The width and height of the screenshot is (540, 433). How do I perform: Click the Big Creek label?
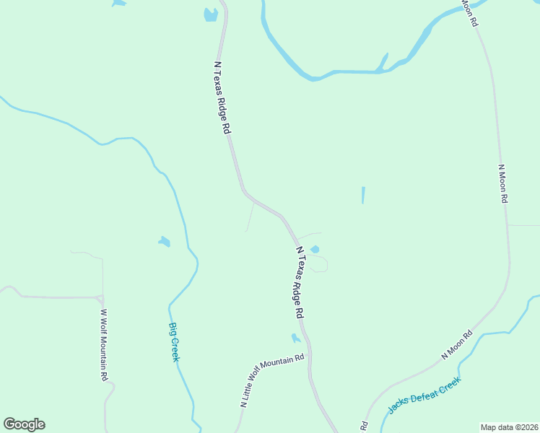(x=174, y=342)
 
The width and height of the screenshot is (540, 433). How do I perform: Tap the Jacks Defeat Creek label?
(x=424, y=395)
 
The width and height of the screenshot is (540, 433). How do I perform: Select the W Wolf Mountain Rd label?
(x=103, y=345)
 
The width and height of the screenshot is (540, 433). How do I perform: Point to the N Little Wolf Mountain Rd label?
(x=272, y=382)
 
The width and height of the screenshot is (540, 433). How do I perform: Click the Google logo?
(x=24, y=424)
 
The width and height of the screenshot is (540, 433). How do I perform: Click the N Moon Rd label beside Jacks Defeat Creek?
(x=456, y=345)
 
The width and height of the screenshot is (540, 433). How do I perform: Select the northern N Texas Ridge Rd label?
(x=222, y=97)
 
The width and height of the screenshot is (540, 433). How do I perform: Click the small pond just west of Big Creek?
(x=165, y=242)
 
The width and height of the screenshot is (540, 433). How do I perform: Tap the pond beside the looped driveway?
(x=315, y=250)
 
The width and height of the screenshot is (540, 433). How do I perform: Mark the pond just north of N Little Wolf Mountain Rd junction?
(x=295, y=338)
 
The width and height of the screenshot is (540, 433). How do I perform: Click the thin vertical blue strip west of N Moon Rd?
(x=363, y=195)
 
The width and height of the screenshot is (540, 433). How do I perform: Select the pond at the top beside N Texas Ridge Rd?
(x=210, y=14)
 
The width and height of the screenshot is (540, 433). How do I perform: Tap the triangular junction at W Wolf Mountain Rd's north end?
(x=100, y=298)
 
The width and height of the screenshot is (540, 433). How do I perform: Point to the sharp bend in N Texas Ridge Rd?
(x=245, y=191)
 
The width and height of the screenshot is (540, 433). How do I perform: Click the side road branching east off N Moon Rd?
(x=524, y=225)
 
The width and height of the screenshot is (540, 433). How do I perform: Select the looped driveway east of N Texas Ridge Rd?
(x=323, y=264)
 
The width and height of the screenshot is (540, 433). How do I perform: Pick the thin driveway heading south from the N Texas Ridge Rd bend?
(x=250, y=217)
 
